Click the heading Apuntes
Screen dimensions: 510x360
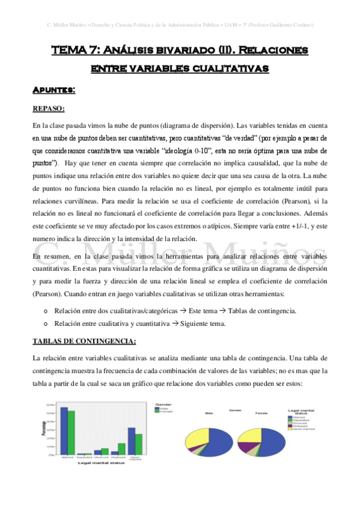coord(53,90)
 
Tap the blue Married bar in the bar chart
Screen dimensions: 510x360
coord(64,431)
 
